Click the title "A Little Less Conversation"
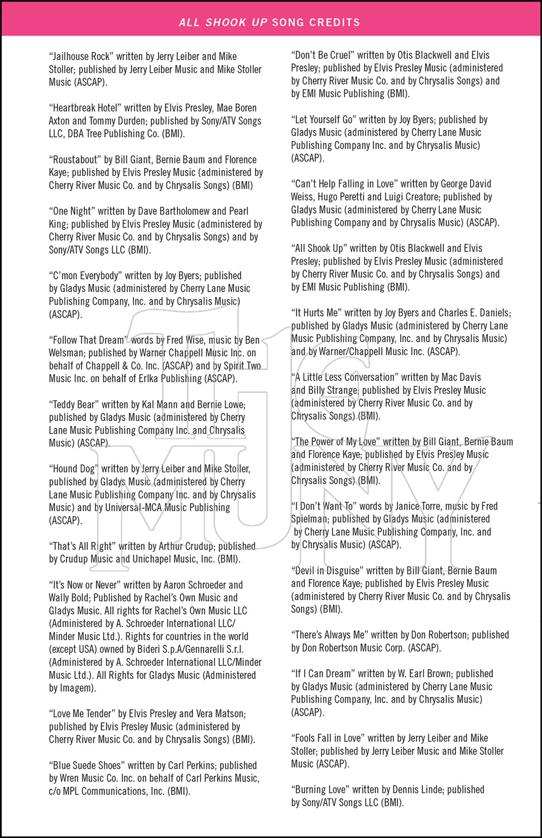click(x=344, y=377)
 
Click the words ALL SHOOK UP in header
click(x=223, y=22)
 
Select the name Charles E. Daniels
click(x=474, y=313)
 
